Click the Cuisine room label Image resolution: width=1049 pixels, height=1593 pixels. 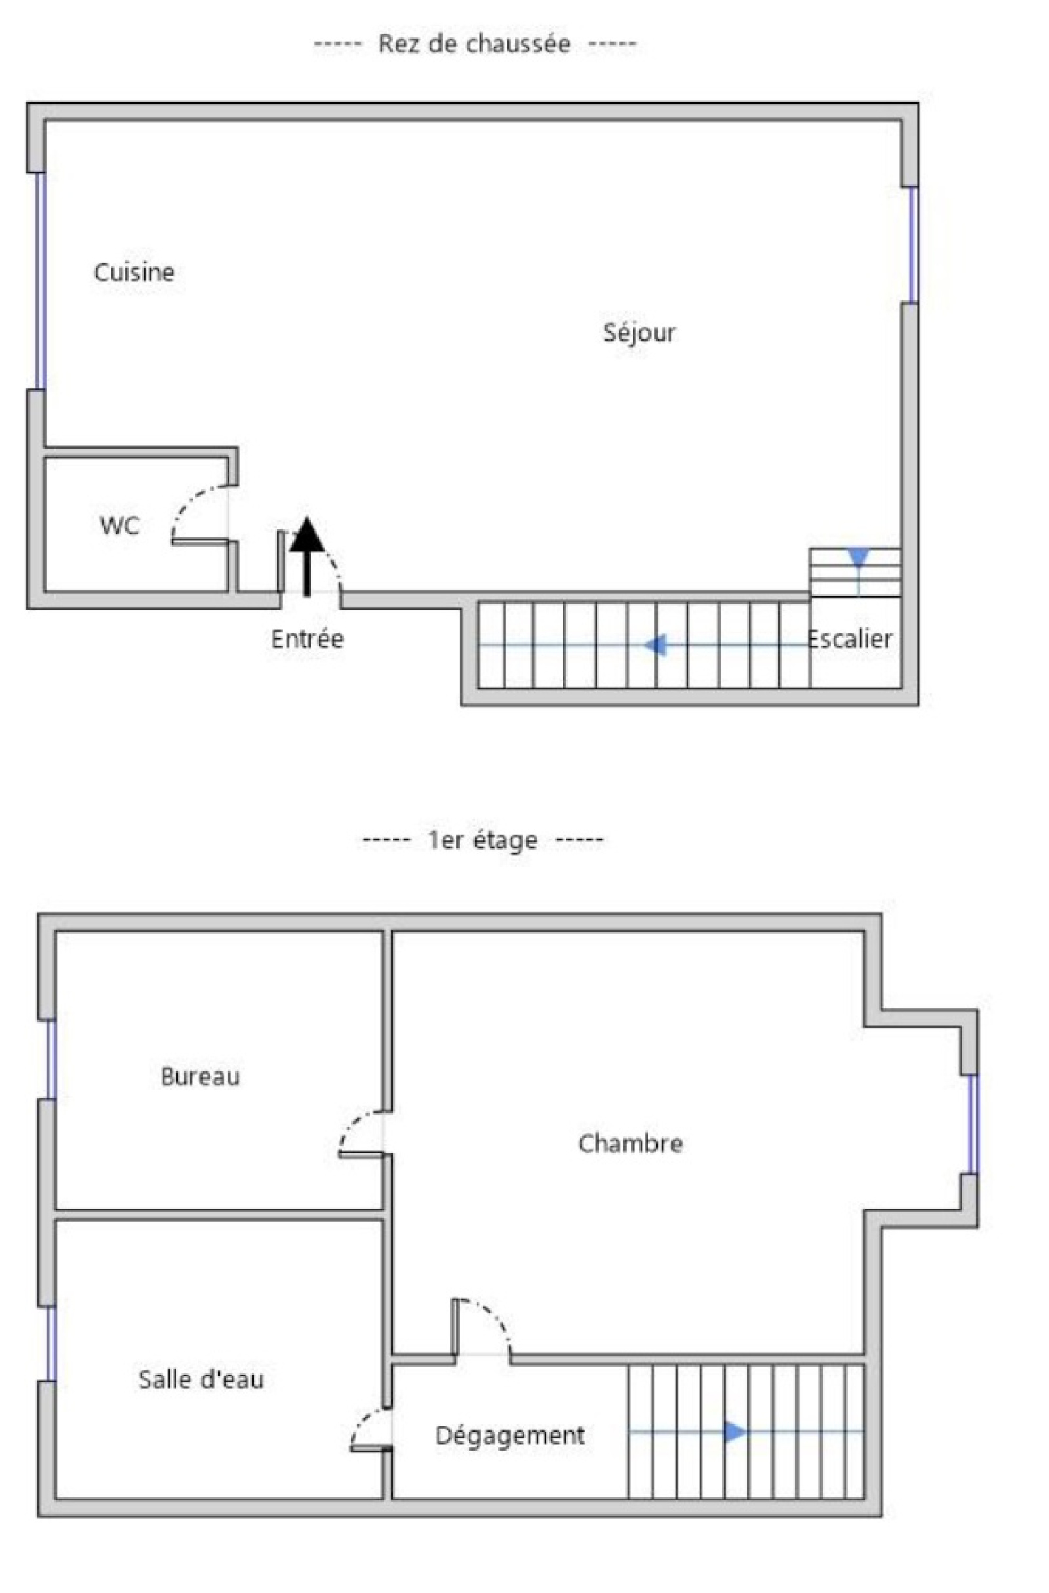point(134,272)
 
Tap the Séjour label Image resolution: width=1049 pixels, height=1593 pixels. point(640,333)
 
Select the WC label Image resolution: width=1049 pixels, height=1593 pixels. point(119,526)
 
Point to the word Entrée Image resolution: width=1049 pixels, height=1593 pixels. point(307,638)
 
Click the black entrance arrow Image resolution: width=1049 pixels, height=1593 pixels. point(307,556)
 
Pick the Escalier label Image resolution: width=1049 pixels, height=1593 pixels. point(850,638)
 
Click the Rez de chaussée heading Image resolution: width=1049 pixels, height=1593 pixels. point(474,44)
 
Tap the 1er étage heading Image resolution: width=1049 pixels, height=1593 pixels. point(483,840)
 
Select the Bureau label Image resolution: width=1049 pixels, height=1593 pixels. point(200,1076)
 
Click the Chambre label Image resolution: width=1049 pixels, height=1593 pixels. point(630,1143)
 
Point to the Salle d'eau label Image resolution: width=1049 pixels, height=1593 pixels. point(201,1379)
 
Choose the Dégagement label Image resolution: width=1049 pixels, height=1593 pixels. point(510,1436)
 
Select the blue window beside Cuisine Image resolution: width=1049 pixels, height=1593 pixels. point(40,281)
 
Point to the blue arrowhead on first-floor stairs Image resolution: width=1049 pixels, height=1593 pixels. point(735,1432)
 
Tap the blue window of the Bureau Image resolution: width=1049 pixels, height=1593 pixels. point(51,1060)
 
